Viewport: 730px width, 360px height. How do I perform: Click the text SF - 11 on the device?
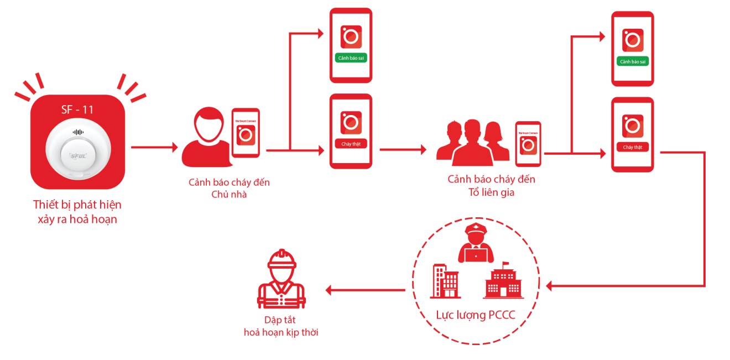pos(77,109)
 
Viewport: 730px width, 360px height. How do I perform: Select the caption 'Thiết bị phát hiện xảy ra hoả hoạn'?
pos(77,212)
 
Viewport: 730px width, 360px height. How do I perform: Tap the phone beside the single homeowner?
pos(246,133)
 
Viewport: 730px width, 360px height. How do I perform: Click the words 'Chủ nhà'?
pos(229,194)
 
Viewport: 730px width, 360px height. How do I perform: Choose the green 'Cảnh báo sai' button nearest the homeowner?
pos(351,58)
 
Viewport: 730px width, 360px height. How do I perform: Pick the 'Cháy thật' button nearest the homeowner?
pos(351,144)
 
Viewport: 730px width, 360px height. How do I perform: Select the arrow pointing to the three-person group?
pos(403,149)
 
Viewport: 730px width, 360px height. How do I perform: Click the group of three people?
pos(473,142)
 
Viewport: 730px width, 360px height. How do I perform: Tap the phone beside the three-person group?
pos(528,144)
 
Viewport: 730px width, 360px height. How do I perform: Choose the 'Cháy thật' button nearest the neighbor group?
pos(632,147)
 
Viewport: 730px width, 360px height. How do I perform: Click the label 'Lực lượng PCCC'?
pos(476,315)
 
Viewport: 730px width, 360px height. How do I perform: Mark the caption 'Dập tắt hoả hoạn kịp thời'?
pos(281,326)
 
